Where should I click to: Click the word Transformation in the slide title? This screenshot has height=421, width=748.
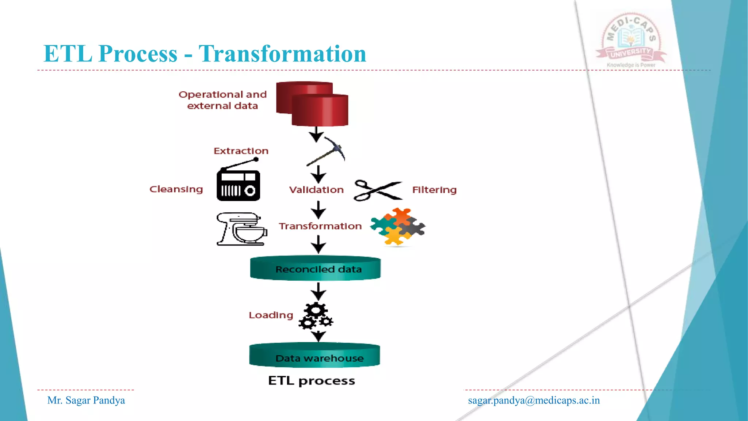[x=282, y=54]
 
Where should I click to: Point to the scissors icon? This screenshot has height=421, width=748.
[x=378, y=190]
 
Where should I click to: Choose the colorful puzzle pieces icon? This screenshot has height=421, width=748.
[x=397, y=226]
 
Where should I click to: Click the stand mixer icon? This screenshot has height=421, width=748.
[x=241, y=229]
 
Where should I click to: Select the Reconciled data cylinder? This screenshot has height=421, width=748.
[x=315, y=269]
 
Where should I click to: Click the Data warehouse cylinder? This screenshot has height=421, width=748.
[x=315, y=356]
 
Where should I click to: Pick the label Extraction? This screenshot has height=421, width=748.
[x=241, y=151]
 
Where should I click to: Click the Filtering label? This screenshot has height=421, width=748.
[x=434, y=190]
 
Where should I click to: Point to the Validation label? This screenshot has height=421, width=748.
[x=316, y=190]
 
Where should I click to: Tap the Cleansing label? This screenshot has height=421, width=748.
[x=176, y=189]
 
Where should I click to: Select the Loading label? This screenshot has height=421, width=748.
[x=271, y=315]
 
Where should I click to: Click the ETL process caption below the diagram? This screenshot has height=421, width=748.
[x=311, y=381]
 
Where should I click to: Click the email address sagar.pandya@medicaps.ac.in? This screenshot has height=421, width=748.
[x=534, y=401]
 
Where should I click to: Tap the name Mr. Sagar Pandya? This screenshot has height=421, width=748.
[x=86, y=401]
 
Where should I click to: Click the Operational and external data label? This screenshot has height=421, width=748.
[x=222, y=100]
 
